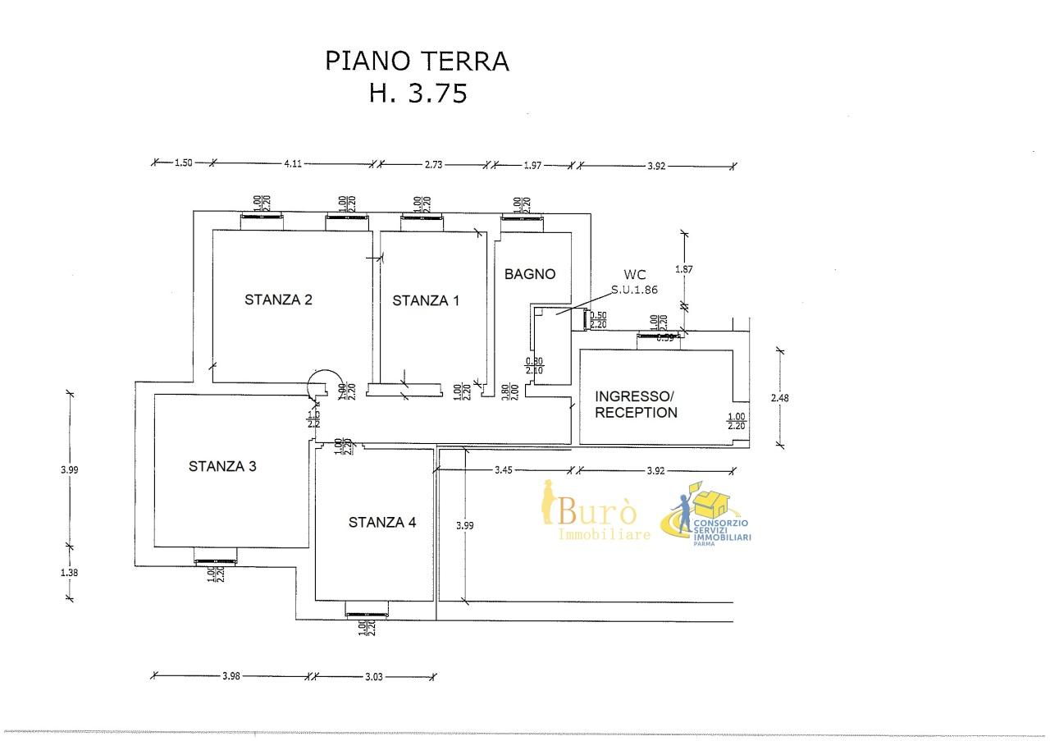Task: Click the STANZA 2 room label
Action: point(278,300)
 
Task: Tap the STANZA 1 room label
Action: point(425,300)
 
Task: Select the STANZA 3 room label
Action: point(222,466)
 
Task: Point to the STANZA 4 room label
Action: point(382,522)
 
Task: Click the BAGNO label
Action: point(530,274)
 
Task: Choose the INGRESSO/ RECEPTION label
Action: point(637,404)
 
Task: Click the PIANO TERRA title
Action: point(418,61)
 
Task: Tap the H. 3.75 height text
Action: point(418,93)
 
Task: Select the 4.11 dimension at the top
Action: point(293,163)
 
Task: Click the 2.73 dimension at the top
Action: point(433,164)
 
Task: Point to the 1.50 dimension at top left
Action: point(183,163)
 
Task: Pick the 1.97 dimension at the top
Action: point(532,165)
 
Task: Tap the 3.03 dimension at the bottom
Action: point(374,677)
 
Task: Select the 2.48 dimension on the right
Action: point(781,398)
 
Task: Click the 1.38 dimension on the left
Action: point(69,573)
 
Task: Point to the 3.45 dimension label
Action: point(504,470)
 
